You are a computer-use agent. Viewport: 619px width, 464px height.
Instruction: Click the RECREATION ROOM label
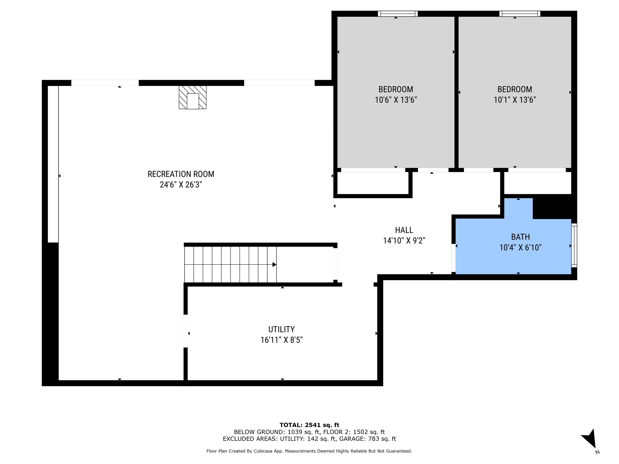[181, 174]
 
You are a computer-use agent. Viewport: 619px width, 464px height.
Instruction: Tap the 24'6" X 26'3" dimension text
[181, 185]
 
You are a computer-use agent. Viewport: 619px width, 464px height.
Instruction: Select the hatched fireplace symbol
[193, 97]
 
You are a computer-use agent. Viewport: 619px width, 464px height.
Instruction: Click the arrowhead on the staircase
[274, 265]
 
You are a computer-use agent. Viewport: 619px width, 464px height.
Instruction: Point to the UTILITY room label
[281, 329]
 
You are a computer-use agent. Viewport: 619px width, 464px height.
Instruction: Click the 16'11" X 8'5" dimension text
[281, 340]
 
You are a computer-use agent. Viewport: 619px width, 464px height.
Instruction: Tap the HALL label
[404, 230]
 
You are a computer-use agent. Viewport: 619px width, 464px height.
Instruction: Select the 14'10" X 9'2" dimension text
[404, 240]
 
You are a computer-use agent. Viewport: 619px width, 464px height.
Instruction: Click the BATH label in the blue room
[520, 237]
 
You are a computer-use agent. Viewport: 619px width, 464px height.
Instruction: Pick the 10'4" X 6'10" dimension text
[520, 247]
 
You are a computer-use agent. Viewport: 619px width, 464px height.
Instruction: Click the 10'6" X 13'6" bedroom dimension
[396, 100]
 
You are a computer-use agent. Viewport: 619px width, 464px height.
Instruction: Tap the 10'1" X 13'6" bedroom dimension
[514, 100]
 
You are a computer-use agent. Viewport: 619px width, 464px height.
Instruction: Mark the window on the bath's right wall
[574, 245]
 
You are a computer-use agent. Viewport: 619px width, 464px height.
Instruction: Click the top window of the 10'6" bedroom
[397, 14]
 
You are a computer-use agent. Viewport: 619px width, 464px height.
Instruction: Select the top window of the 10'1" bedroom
[520, 14]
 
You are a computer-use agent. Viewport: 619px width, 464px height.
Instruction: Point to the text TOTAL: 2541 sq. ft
[309, 425]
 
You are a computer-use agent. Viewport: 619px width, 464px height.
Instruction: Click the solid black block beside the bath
[553, 207]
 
